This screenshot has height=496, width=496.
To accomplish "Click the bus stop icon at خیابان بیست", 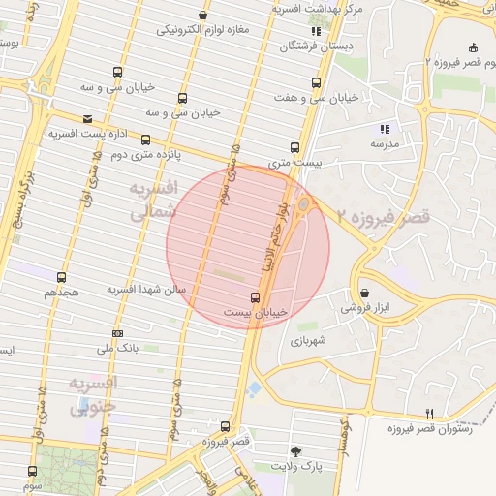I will [256, 297].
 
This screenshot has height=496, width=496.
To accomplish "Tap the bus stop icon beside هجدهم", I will [62, 277].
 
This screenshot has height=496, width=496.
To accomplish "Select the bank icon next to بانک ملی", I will [117, 334].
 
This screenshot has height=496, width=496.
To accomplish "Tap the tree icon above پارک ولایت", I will [295, 450].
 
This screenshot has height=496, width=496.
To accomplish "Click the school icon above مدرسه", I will [385, 129].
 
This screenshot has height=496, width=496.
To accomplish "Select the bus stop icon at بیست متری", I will [297, 148].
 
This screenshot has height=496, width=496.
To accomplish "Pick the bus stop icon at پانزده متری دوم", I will [146, 139].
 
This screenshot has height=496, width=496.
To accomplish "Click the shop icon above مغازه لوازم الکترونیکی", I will [202, 15].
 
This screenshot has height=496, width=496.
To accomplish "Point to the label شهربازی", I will [309, 341].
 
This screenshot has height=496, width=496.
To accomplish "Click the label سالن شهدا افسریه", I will [146, 290].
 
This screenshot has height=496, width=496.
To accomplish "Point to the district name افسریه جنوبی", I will [95, 396].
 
